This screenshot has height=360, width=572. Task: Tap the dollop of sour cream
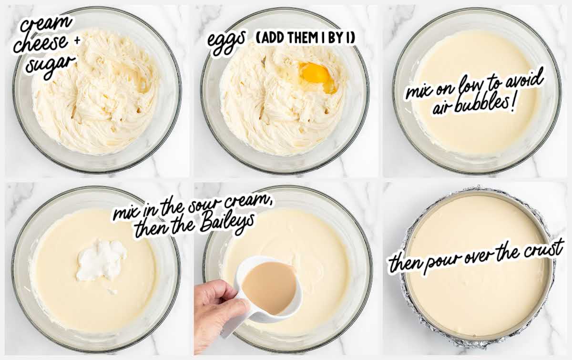click(102, 259)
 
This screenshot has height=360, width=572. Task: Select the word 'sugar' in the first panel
click(51, 66)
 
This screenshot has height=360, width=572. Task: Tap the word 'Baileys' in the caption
click(227, 224)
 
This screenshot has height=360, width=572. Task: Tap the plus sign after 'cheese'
click(77, 41)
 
